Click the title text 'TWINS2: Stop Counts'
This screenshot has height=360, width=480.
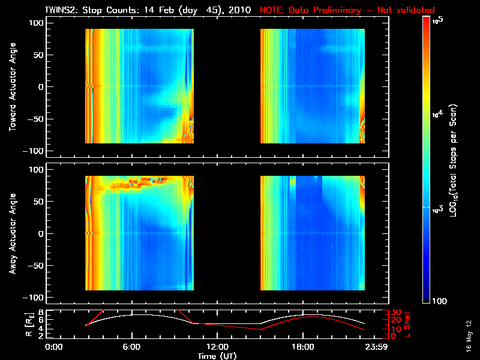tap(90, 10)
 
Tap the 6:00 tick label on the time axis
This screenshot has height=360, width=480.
tap(131, 347)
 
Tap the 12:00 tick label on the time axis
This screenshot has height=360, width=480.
tap(217, 347)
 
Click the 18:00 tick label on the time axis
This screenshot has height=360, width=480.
tap(302, 347)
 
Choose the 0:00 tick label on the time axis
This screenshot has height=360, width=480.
tap(53, 347)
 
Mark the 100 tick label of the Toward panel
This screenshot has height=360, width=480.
tap(35, 23)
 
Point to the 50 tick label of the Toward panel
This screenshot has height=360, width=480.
tap(37, 55)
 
